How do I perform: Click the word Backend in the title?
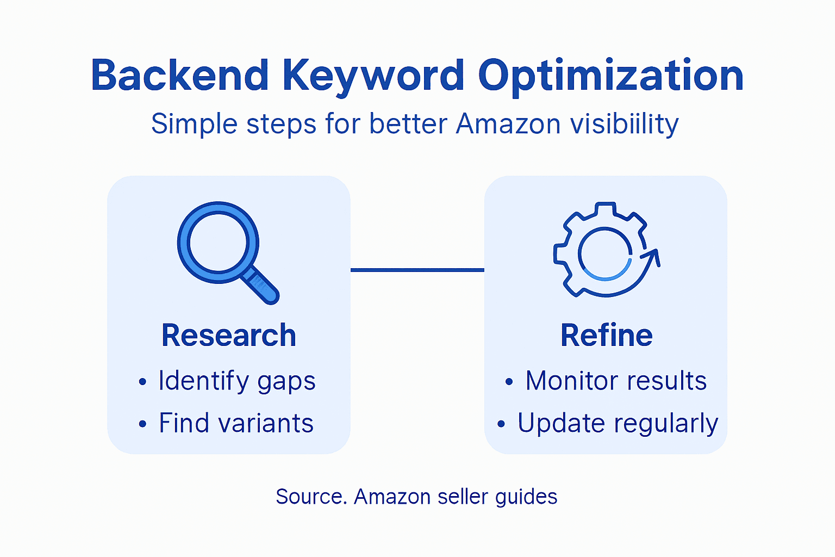pos(180,76)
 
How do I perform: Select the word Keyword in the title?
pos(373,76)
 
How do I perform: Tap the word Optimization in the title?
pos(610,76)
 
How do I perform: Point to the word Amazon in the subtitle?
pos(508,124)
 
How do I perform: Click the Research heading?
pos(229,335)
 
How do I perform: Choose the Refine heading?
pos(606,335)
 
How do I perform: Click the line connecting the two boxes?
pos(417,270)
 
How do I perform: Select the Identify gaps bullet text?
pos(237,381)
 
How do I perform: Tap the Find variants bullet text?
pos(236,423)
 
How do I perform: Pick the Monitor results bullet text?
pos(616,381)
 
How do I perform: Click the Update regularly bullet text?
pos(618,423)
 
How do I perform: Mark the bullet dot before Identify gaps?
pos(142,382)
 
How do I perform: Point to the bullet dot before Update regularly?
pos(501,424)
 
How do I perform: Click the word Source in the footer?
pos(309,497)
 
